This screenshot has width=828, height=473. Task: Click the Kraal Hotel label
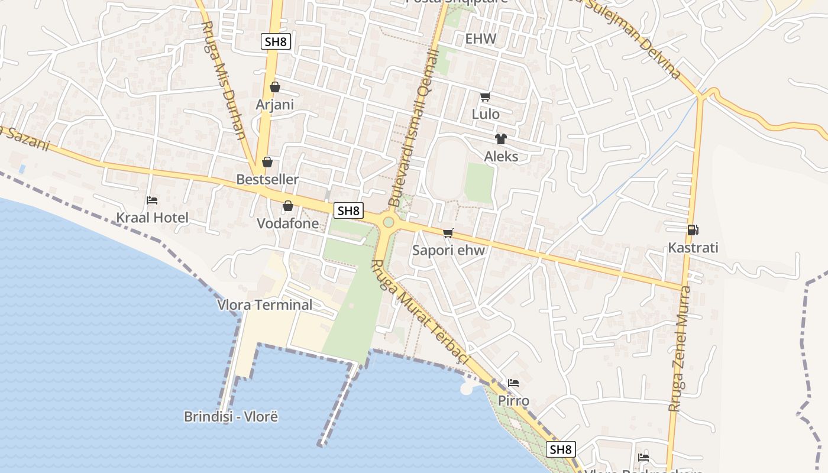152,218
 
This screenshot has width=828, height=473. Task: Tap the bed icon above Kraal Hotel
152,200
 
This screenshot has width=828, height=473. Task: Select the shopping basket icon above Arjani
275,87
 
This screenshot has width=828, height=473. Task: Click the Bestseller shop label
267,179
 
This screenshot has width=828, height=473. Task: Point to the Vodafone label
287,223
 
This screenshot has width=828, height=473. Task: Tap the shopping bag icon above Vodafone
288,206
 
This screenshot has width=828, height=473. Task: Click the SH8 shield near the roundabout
348,210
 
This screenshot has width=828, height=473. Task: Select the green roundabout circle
389,222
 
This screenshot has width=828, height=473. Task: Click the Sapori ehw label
448,250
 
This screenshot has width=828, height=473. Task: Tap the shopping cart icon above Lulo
486,96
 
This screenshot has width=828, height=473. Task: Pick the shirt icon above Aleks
501,139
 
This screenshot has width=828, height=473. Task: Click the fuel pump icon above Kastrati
693,230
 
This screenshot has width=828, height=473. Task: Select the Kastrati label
693,248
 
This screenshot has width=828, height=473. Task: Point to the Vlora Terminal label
265,305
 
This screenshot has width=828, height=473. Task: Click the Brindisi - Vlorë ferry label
231,416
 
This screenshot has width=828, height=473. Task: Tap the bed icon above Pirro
513,383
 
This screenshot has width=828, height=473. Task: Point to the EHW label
480,39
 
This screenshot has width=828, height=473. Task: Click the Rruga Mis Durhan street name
224,80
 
